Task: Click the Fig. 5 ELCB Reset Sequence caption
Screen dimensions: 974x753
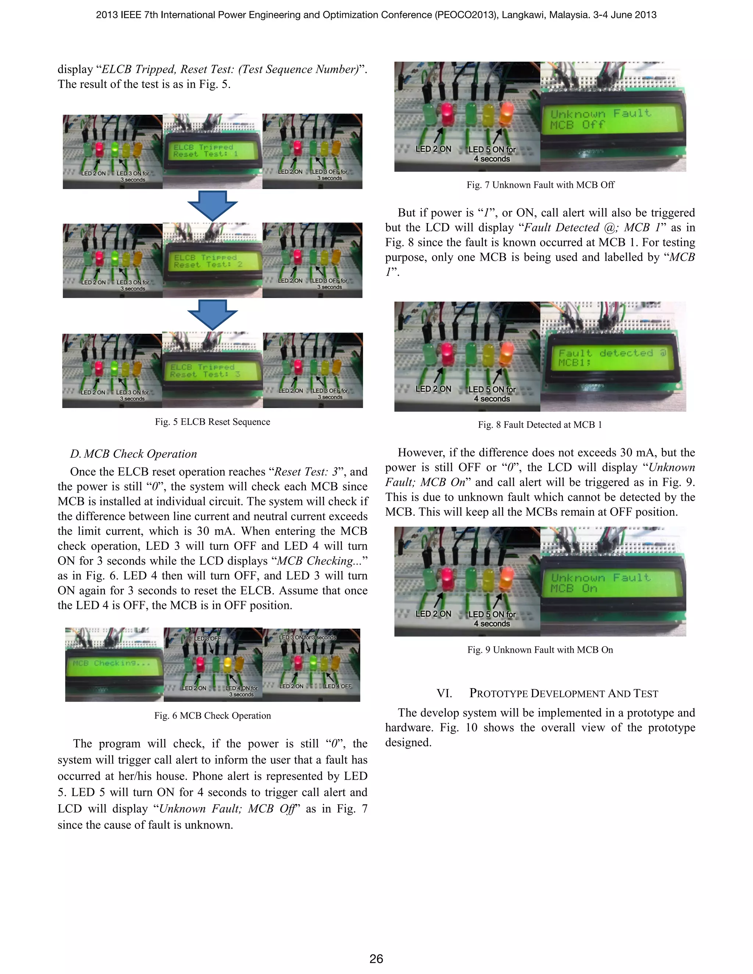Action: [213, 422]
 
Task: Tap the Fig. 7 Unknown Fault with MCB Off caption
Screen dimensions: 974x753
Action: [540, 185]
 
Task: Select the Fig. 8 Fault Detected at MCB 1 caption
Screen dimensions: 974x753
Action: [540, 425]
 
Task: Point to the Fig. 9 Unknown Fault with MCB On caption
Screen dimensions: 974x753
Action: [540, 650]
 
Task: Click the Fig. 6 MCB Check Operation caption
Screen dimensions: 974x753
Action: [213, 715]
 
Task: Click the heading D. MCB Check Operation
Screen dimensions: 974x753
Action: [133, 454]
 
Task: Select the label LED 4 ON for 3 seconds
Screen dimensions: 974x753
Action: [241, 691]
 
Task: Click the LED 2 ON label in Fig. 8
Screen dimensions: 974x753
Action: [433, 389]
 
